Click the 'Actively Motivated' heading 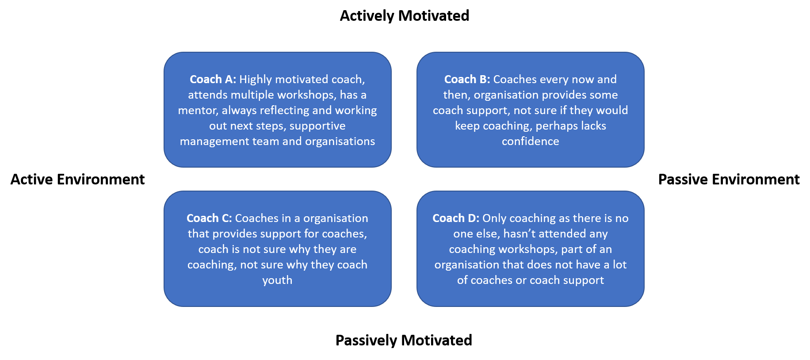click(x=404, y=16)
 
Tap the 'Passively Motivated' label click(x=404, y=341)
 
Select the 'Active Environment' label click(x=77, y=180)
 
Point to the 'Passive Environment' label click(x=729, y=180)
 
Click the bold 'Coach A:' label click(x=213, y=79)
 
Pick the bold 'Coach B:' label click(x=467, y=79)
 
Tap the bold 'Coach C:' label click(x=209, y=218)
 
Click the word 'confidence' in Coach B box click(x=530, y=141)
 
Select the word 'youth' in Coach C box click(x=277, y=280)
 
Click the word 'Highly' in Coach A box click(x=256, y=80)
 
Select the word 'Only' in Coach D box click(x=494, y=218)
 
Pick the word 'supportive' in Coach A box click(x=317, y=126)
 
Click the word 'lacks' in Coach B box click(x=593, y=126)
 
